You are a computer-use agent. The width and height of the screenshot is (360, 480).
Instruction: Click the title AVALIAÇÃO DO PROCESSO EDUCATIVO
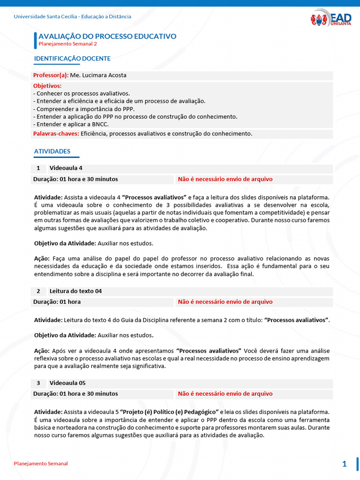coord(107,36)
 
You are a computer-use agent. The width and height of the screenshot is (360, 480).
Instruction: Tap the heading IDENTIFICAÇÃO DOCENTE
coord(72,59)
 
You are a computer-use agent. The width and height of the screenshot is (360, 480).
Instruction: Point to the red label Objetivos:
coord(47,86)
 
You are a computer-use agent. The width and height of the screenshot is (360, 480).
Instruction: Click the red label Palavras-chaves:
coord(56,134)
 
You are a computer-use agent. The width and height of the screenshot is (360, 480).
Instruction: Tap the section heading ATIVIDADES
coord(52,151)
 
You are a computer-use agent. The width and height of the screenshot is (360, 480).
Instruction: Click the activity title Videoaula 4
coord(66,168)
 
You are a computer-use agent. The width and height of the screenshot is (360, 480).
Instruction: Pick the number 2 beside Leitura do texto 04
coord(38,291)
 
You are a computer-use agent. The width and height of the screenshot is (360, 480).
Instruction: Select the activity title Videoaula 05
coord(67,383)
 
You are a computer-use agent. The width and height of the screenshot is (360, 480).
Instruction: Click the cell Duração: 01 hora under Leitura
coord(57,302)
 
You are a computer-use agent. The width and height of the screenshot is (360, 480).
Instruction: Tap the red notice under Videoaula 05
coord(225,394)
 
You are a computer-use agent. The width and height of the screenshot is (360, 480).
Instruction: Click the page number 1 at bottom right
coord(345,464)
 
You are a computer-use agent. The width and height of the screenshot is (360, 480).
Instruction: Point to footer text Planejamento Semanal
coord(41,464)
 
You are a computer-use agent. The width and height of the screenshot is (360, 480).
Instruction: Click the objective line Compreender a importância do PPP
coord(77,109)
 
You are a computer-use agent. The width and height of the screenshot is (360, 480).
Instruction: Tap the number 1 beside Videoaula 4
coord(38,168)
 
